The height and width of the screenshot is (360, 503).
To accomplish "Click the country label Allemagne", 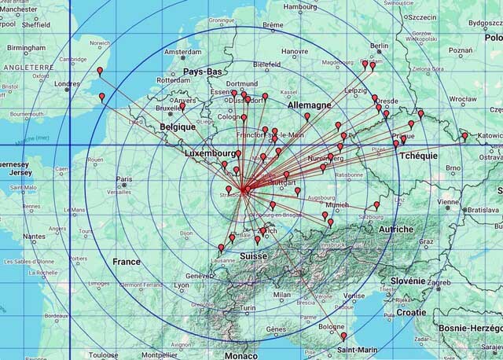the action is (309, 105).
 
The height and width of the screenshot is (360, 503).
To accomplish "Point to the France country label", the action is (126, 262).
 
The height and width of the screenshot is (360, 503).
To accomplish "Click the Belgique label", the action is (178, 127).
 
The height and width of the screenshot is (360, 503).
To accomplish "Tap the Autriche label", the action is (396, 229).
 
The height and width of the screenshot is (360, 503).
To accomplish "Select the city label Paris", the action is (124, 179).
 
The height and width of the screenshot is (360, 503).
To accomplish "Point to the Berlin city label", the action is (379, 46).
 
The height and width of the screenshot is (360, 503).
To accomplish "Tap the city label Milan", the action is (282, 296).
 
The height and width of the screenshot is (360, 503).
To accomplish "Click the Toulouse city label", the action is (103, 355).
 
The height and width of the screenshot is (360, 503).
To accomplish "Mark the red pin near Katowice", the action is (464, 137).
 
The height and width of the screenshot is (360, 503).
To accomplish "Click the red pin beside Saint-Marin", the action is (343, 336).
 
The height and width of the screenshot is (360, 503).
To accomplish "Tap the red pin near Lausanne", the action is (221, 248).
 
